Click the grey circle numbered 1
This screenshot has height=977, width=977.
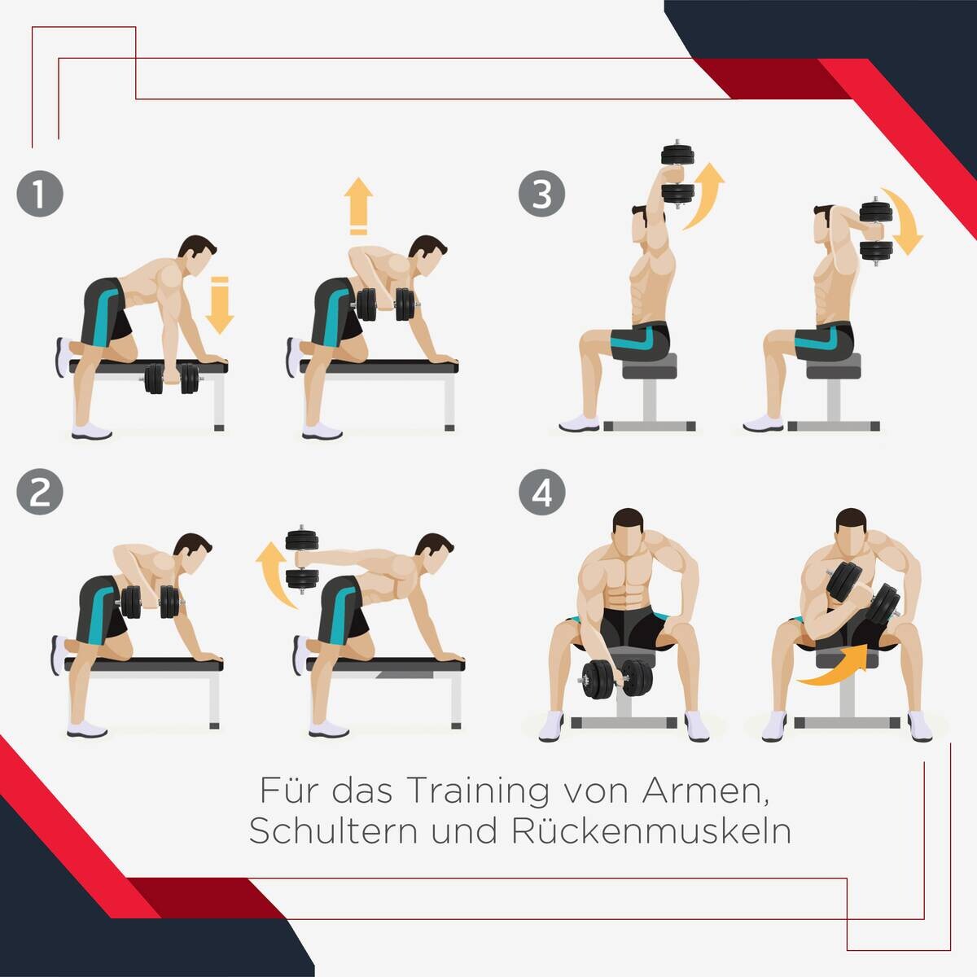(40, 194)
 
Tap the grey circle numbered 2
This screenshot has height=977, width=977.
(40, 492)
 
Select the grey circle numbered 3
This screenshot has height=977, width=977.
(542, 194)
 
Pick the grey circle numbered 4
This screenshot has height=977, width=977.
(542, 492)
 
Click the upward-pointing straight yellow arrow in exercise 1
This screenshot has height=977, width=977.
(358, 206)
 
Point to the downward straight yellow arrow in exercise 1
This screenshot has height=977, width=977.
(220, 305)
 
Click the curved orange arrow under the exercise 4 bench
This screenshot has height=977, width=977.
(831, 665)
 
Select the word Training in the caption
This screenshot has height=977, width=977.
(478, 790)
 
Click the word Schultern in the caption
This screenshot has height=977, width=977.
(333, 831)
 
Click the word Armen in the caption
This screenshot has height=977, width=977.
(706, 791)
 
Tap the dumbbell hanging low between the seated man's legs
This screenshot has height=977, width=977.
(616, 678)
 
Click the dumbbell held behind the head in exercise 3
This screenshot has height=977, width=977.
(877, 231)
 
